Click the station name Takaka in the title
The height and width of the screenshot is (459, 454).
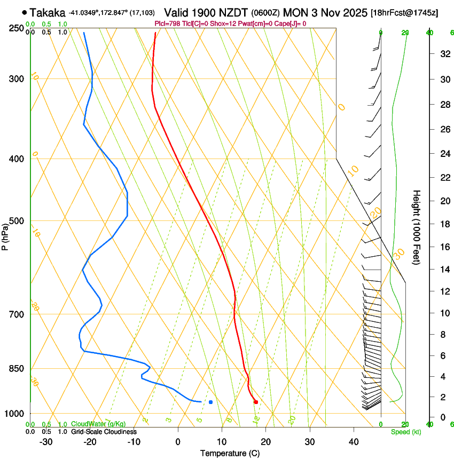(48, 12)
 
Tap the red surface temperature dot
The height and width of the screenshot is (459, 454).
(256, 402)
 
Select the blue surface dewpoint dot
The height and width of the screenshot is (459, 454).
(211, 402)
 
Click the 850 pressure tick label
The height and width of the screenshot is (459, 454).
(17, 369)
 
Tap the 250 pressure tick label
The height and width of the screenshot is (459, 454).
(17, 28)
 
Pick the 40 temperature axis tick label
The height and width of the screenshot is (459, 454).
(353, 442)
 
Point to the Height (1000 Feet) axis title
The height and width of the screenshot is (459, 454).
(417, 227)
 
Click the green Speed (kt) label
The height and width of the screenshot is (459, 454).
(405, 432)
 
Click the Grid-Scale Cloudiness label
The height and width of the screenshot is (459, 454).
(104, 431)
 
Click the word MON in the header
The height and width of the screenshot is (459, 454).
(294, 12)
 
